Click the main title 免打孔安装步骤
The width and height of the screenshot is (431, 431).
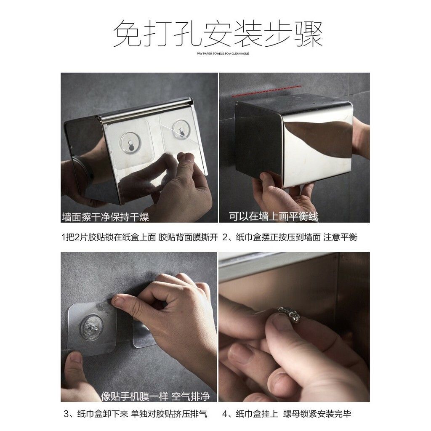218,34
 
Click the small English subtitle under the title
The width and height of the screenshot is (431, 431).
223,53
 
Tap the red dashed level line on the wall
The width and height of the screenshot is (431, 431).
266,91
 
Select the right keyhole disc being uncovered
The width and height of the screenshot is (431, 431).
182,129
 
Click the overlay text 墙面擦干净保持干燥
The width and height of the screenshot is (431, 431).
106,217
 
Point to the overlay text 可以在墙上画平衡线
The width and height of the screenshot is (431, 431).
274,217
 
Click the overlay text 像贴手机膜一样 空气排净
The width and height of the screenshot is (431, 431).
155,396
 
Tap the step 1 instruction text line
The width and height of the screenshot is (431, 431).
140,237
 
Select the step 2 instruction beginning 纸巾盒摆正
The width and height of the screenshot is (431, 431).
290,237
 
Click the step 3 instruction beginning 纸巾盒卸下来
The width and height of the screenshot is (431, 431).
135,414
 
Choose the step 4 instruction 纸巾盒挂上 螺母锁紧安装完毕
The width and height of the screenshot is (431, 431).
286,414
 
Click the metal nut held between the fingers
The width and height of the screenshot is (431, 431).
290,314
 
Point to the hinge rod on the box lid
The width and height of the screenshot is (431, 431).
146,109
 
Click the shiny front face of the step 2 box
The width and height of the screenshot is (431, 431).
317,140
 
